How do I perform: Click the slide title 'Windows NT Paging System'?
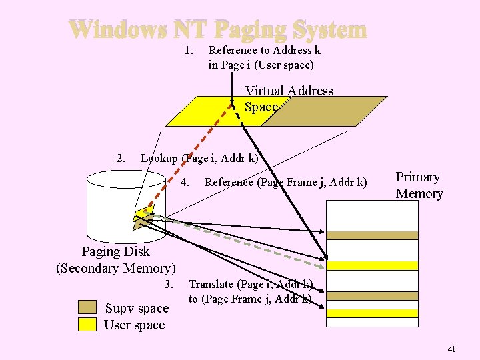point(217,30)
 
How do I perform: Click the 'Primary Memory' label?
point(419,185)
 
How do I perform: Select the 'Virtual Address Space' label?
point(288,99)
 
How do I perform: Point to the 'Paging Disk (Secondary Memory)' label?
point(116,260)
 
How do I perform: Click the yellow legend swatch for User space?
point(87,325)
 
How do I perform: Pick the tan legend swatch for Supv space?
point(87,307)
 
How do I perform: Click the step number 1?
point(189,50)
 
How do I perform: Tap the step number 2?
point(120,159)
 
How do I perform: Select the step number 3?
point(168,285)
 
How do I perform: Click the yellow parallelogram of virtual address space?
point(200,111)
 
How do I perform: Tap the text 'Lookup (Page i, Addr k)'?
point(199,159)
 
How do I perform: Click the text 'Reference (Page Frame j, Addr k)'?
point(285,182)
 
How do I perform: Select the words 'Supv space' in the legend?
point(137,309)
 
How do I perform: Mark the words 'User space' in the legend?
point(134,325)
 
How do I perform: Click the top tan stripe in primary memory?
point(372,235)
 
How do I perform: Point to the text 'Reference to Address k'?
point(265,50)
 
